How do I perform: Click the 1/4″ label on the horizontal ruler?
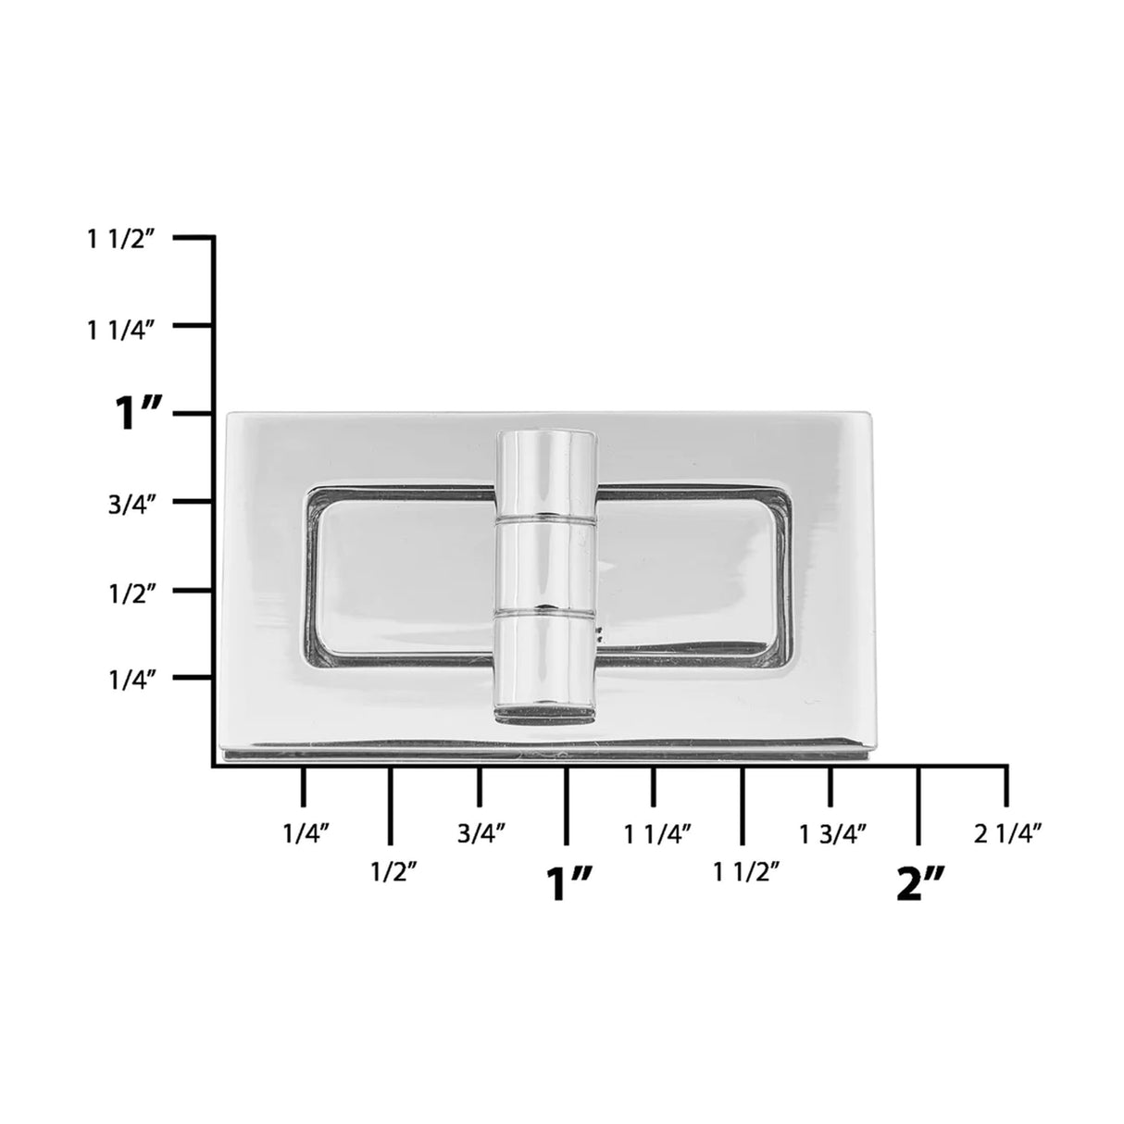[306, 833]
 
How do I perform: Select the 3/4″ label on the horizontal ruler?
[481, 833]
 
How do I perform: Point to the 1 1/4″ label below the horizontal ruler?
[658, 833]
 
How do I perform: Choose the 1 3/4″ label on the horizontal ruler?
[833, 833]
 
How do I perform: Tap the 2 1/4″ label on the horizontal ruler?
[1009, 833]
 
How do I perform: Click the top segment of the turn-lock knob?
[545, 473]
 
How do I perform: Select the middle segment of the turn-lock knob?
[545, 565]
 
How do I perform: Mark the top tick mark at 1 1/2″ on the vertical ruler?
[194, 239]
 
